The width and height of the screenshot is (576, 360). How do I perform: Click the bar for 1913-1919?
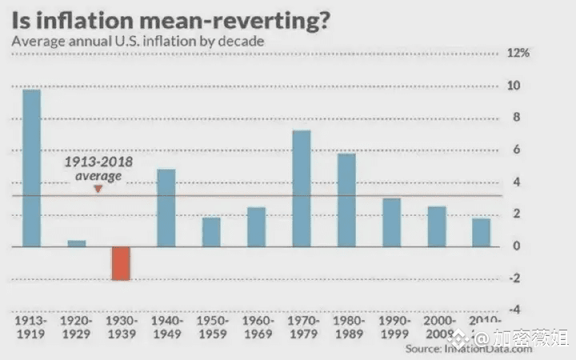[x=31, y=168]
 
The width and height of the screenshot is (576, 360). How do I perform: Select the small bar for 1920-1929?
[x=76, y=243]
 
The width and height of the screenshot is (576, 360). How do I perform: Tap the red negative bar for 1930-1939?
[x=121, y=263]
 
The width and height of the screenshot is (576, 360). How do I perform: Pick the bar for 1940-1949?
[x=166, y=208]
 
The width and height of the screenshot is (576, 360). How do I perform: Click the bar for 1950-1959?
[x=210, y=232]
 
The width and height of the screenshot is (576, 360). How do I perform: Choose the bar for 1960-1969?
[x=256, y=227]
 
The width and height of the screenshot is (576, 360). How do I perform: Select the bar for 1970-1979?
[x=301, y=189]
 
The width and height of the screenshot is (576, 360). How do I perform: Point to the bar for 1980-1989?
[x=346, y=200]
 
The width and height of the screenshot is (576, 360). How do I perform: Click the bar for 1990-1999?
[x=391, y=222]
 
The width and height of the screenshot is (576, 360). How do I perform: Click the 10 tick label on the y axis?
[x=516, y=86]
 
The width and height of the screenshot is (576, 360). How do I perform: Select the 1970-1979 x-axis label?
[x=301, y=328]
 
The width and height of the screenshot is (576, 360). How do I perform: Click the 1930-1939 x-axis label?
[x=121, y=328]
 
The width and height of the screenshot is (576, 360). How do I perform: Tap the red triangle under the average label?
[x=98, y=189]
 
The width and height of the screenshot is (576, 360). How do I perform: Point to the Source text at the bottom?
[x=448, y=350]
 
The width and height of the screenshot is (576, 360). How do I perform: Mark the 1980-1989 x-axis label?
[x=346, y=328]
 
